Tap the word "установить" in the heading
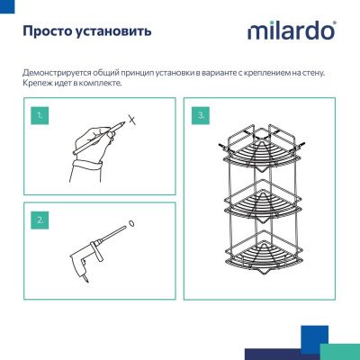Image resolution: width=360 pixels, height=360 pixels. coord(112,31)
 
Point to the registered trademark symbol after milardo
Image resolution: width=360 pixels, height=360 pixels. coord(335,23)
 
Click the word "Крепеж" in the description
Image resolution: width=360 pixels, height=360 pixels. coord(38,84)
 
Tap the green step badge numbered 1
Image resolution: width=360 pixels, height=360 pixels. coord(39,116)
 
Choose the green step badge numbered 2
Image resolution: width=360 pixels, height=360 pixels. coord(39,219)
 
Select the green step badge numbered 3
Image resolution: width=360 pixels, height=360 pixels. coord(201,116)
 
